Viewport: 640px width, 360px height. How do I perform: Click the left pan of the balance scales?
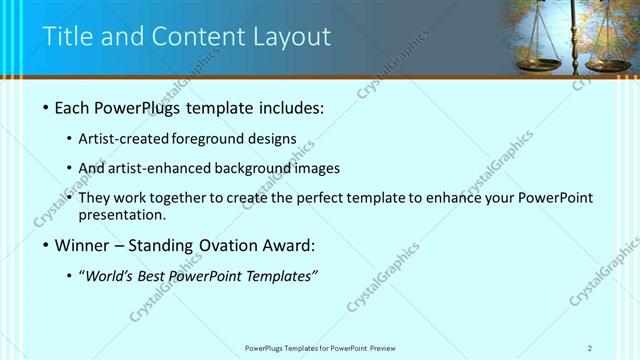click(x=537, y=65)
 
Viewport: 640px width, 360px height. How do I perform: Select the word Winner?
click(x=83, y=246)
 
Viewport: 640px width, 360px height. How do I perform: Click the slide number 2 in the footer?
click(x=590, y=347)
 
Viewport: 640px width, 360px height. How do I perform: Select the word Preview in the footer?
click(x=389, y=347)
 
